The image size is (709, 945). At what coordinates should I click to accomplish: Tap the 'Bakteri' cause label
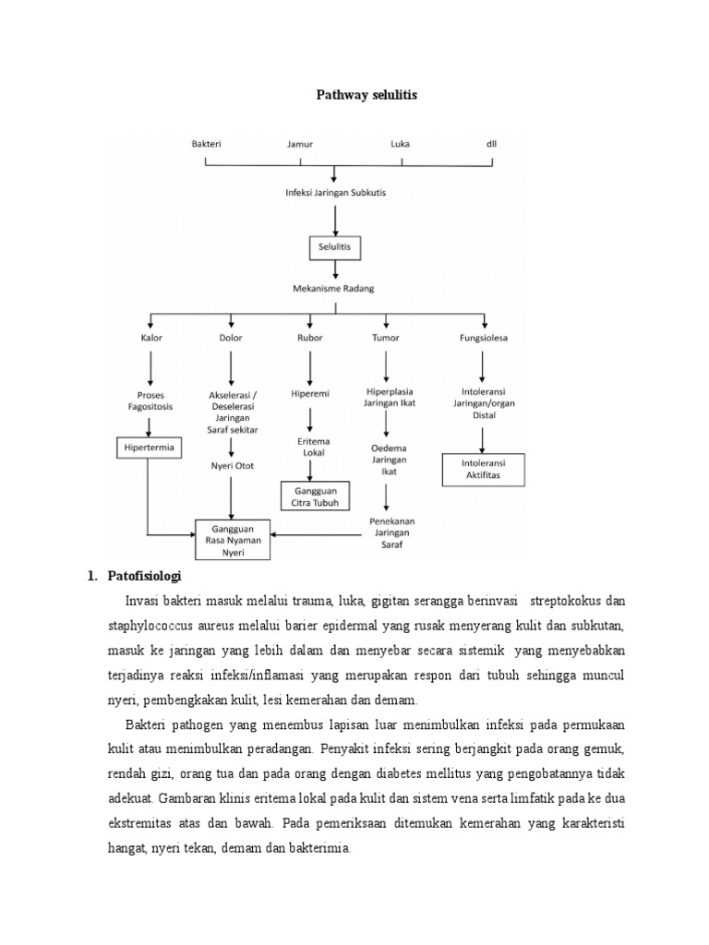click(x=206, y=144)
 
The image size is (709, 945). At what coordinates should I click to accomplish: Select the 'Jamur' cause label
click(x=301, y=144)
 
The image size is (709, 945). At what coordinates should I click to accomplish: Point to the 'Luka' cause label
click(x=401, y=144)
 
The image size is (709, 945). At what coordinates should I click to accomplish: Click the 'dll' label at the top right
click(x=491, y=144)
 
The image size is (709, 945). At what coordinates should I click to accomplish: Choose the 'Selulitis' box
click(x=335, y=247)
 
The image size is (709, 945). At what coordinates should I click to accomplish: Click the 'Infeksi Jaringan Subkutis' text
click(x=335, y=192)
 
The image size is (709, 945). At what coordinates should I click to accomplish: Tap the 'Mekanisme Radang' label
click(x=335, y=288)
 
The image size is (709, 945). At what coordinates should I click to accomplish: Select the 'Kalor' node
click(x=151, y=338)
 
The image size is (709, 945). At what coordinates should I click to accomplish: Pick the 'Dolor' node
click(x=231, y=338)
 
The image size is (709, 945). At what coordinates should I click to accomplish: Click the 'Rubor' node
click(x=309, y=338)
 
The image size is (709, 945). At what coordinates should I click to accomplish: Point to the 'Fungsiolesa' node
click(x=484, y=338)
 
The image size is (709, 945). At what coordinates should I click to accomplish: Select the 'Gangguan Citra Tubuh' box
click(x=317, y=496)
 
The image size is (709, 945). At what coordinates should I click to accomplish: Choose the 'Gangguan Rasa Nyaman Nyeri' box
click(x=231, y=540)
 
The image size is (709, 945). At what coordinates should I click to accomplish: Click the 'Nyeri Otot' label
click(x=231, y=466)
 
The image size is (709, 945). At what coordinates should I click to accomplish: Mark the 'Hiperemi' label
click(x=309, y=392)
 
